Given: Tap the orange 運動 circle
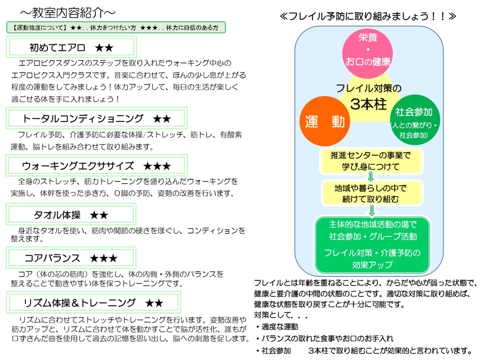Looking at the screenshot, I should [x=325, y=121].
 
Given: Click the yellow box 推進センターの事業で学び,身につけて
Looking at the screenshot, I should [x=371, y=161].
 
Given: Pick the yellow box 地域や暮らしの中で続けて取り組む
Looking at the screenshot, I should [x=371, y=193].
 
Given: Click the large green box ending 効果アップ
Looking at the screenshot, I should [x=372, y=244].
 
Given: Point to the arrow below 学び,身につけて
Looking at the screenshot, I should [x=370, y=177].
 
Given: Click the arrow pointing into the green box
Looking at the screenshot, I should [x=371, y=210].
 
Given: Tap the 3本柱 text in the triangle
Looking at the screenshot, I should [x=369, y=104].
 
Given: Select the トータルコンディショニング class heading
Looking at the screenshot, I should [x=83, y=118].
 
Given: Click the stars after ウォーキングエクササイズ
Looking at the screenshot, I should [x=157, y=166].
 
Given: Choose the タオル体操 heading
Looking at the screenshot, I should [x=57, y=215].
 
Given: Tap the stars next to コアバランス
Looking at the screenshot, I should [x=103, y=258].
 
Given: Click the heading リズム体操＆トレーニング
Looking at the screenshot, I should [x=79, y=303].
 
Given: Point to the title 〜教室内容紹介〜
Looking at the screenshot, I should [x=67, y=13].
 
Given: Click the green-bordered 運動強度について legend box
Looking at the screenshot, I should [x=116, y=27].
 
